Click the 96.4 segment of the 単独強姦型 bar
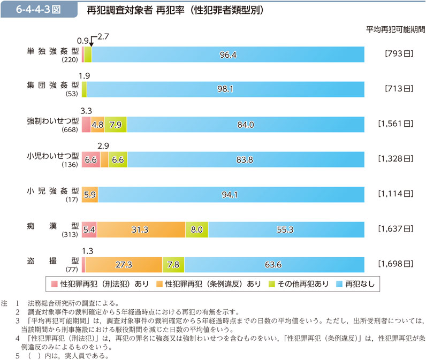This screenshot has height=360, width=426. point(228,55)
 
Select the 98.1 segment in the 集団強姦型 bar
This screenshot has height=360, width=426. point(225,89)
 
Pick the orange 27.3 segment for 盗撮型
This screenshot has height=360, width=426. point(124,264)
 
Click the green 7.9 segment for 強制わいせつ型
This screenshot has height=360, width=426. point(116,125)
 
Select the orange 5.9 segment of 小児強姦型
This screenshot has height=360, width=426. point(90,195)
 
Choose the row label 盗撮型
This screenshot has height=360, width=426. point(53,261)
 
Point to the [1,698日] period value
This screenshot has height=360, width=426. point(395,264)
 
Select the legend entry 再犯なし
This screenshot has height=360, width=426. point(357,284)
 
